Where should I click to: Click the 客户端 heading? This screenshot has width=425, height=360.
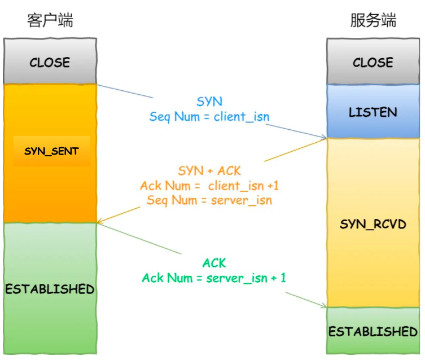(50, 21)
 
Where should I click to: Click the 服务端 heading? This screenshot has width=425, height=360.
(373, 21)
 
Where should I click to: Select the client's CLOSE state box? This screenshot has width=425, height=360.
(50, 62)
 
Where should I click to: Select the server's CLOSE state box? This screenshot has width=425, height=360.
(373, 62)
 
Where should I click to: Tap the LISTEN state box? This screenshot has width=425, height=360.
(373, 112)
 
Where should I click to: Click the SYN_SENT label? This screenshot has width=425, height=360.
(51, 151)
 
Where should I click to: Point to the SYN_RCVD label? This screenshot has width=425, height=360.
(373, 224)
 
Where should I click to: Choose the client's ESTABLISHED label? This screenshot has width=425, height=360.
(50, 289)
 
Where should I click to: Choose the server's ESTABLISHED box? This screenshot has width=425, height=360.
(373, 331)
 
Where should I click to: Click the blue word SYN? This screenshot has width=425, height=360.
(209, 102)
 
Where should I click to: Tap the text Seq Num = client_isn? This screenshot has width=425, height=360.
(209, 117)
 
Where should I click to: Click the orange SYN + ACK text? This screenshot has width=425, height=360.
(209, 170)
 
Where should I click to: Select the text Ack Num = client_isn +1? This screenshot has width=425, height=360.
(209, 186)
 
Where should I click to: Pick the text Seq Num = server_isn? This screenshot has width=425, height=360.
(209, 200)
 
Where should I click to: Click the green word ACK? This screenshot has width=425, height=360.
(214, 263)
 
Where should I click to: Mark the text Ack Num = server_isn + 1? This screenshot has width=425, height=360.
(214, 278)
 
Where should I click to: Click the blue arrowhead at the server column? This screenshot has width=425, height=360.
(324, 137)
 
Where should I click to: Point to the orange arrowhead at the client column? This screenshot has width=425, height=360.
(100, 222)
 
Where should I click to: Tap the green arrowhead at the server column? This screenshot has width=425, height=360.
(324, 306)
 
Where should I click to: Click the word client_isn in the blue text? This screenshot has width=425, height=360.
(241, 117)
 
